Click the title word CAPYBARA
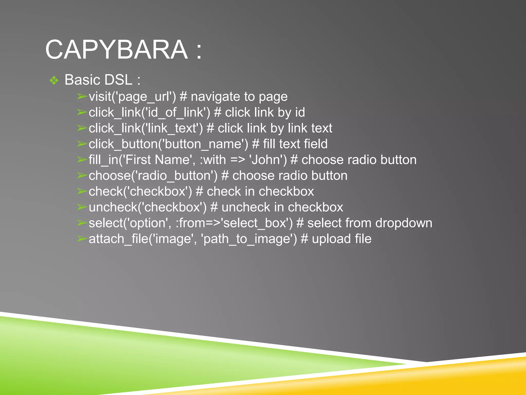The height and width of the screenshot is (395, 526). [x=116, y=49]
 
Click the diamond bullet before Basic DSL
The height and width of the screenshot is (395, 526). [x=54, y=80]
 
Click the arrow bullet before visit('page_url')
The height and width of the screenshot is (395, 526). [x=82, y=97]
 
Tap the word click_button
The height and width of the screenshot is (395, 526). [x=123, y=144]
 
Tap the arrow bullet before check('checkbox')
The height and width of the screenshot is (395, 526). [x=82, y=191]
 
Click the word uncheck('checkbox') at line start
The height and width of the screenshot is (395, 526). [x=147, y=207]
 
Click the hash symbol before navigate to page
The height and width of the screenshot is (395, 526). [x=183, y=97]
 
